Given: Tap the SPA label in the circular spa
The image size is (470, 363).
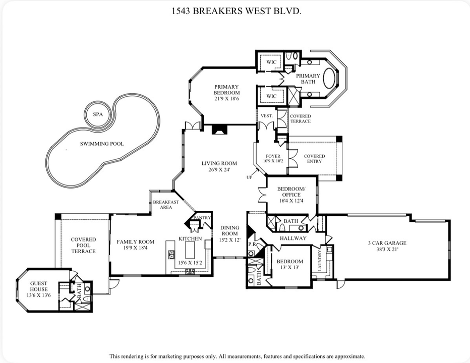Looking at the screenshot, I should pyautogui.click(x=97, y=114).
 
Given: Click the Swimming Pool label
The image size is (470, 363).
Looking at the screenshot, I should pyautogui.click(x=102, y=144).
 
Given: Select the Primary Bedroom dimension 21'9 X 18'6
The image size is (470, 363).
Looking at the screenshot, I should pyautogui.click(x=226, y=99).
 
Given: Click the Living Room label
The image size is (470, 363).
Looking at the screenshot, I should pyautogui.click(x=219, y=163).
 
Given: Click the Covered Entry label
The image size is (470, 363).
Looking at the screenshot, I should pyautogui.click(x=314, y=159).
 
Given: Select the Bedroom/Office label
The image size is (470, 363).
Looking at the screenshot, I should pyautogui.click(x=288, y=192).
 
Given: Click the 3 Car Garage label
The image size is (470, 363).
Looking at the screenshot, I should pyautogui.click(x=387, y=243).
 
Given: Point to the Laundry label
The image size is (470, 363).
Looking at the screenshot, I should pyautogui.click(x=319, y=262).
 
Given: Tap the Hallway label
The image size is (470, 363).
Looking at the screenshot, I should pyautogui.click(x=293, y=238).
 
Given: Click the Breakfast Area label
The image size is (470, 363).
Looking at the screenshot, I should pyautogui.click(x=166, y=205).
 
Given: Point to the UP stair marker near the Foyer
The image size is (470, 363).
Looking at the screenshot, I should pyautogui.click(x=249, y=177).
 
